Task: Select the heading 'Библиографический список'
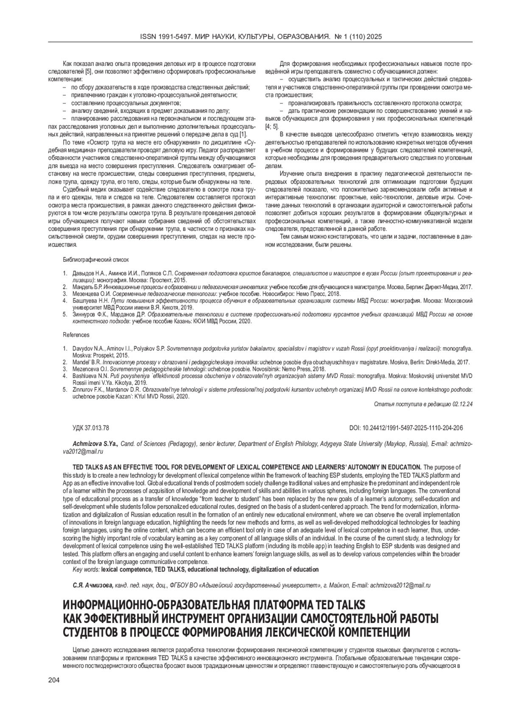coord(96,259)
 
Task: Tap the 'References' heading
coord(76,335)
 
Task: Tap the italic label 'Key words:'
coord(87,569)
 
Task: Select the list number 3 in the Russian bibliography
coord(65,294)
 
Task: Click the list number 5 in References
coord(65,389)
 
